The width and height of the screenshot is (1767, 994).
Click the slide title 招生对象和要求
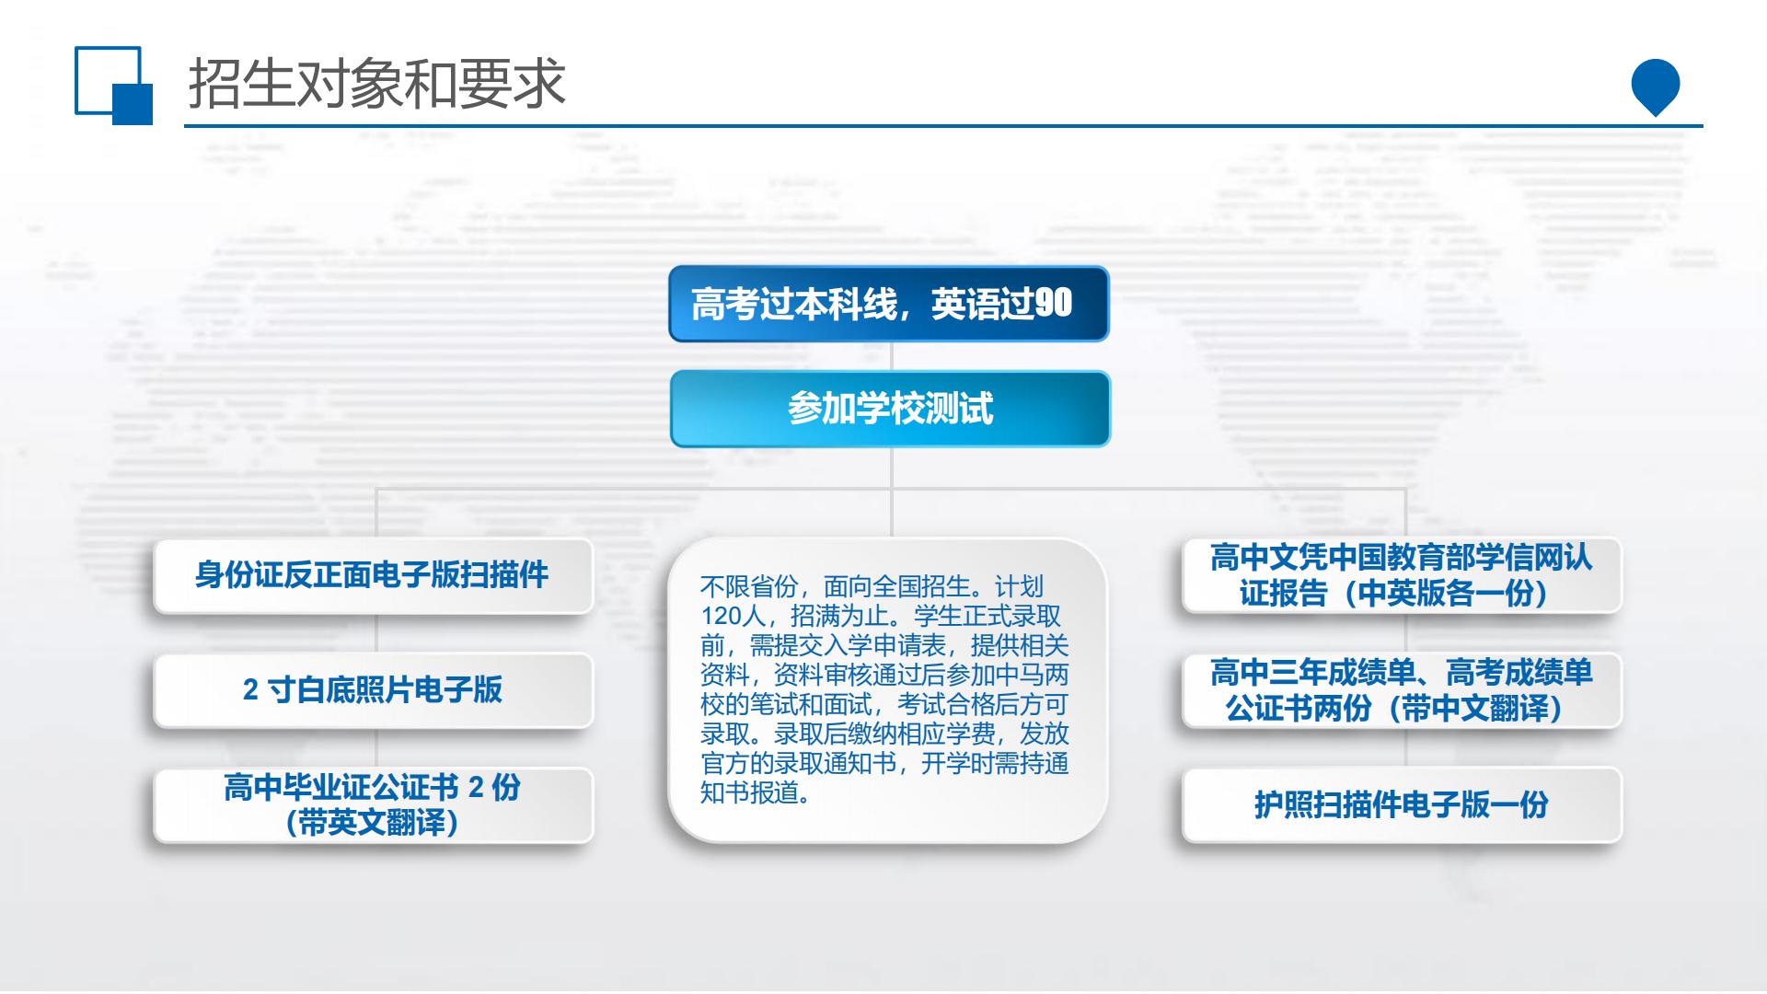click(x=376, y=84)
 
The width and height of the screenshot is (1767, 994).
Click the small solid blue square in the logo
click(x=133, y=104)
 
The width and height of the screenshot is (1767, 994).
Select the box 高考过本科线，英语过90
click(x=889, y=304)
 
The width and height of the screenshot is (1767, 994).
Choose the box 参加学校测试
click(x=890, y=409)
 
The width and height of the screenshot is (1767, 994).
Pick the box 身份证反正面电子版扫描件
click(x=373, y=575)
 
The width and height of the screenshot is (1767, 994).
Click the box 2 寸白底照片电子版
click(x=373, y=690)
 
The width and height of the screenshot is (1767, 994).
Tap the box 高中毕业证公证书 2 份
click(x=373, y=805)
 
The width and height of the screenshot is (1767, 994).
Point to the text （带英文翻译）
click(x=372, y=823)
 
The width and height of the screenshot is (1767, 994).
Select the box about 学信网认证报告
click(x=1402, y=575)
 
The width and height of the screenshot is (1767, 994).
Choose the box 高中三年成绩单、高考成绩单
click(x=1402, y=690)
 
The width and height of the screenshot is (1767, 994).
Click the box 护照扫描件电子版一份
click(x=1402, y=805)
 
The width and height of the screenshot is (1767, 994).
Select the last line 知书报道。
click(x=756, y=792)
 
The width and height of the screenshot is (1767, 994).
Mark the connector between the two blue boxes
click(x=891, y=356)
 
